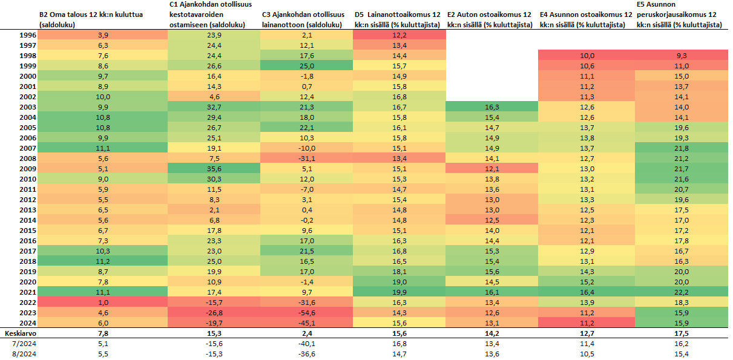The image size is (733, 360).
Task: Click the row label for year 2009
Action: click(x=28, y=169)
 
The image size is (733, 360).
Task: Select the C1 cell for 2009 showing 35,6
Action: click(x=214, y=169)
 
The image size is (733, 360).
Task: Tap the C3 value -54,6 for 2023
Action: click(x=307, y=313)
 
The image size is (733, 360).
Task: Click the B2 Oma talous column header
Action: click(x=91, y=19)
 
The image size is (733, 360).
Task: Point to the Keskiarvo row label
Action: click(x=21, y=333)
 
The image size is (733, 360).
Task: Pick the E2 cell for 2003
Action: click(x=492, y=107)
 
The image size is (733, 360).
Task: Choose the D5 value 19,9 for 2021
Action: click(x=399, y=292)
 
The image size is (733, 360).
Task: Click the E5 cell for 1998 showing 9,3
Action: click(x=682, y=56)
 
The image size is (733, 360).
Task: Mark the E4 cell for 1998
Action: click(x=587, y=56)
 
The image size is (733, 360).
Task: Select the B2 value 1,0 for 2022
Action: click(x=103, y=303)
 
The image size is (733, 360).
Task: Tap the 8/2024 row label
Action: click(x=24, y=354)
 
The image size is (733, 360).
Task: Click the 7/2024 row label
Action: click(x=24, y=344)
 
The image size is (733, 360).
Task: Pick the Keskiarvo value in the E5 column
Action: click(x=682, y=333)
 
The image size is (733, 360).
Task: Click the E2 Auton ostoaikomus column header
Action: click(x=490, y=19)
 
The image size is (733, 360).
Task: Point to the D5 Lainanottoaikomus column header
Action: click(x=398, y=19)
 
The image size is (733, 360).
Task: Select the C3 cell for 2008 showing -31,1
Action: click(x=307, y=159)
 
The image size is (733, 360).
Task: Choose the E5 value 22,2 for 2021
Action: click(x=682, y=292)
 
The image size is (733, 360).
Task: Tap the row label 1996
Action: click(x=28, y=35)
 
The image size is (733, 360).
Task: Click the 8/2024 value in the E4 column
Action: click(x=587, y=354)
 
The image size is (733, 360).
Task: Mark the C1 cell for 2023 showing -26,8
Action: click(x=214, y=313)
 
